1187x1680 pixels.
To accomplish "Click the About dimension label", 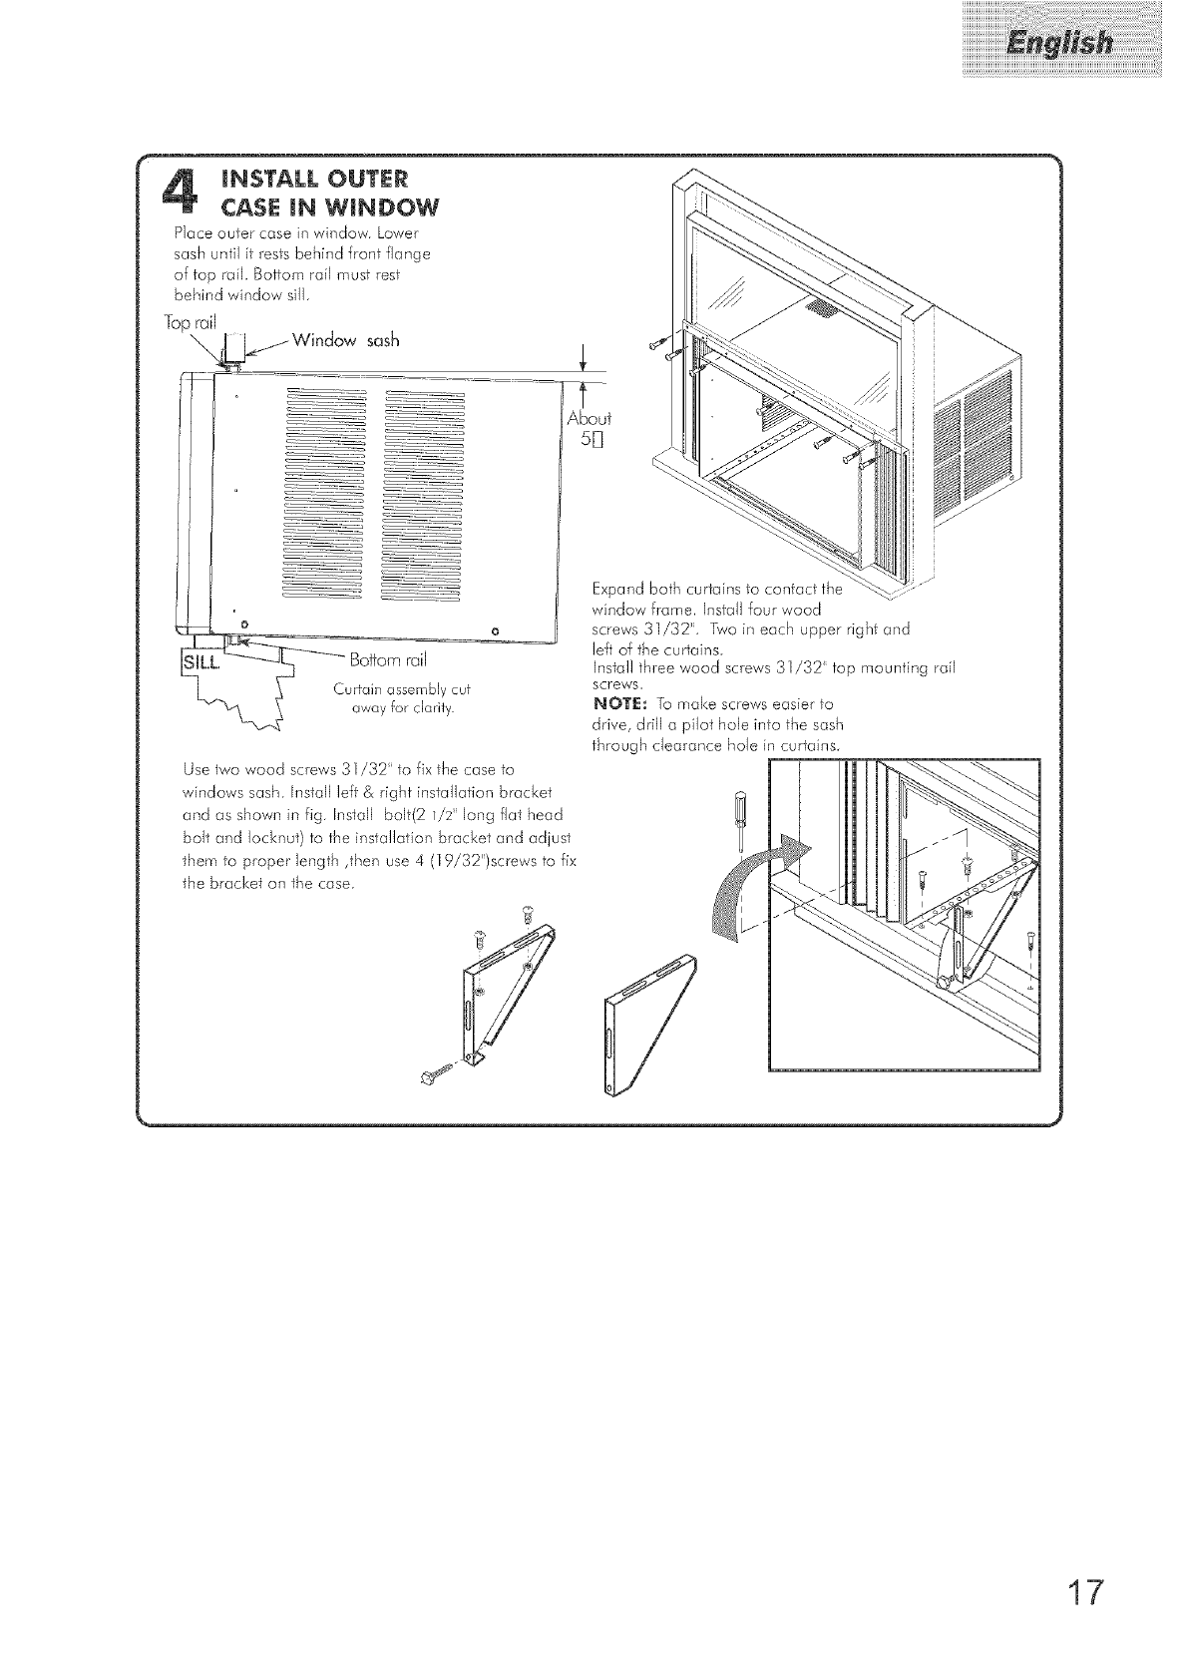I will point(589,417).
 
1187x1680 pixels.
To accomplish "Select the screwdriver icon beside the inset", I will point(739,816).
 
